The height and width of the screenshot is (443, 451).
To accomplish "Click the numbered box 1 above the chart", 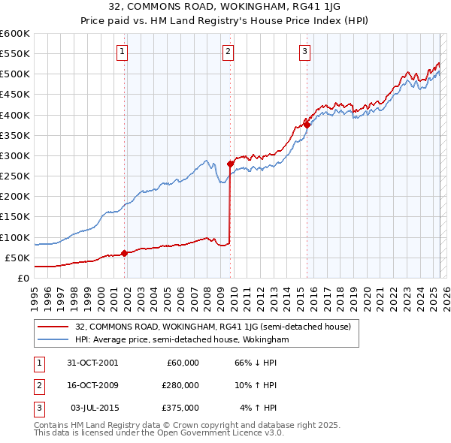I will coord(122,52).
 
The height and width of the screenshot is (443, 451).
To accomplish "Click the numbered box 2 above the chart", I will coord(228,52).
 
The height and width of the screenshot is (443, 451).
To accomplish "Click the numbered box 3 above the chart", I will coord(304,52).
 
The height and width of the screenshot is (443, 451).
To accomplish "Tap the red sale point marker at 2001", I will coord(124,254).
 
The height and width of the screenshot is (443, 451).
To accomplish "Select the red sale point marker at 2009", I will coord(230,164).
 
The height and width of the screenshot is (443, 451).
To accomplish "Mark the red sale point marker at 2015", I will coord(307,125).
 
